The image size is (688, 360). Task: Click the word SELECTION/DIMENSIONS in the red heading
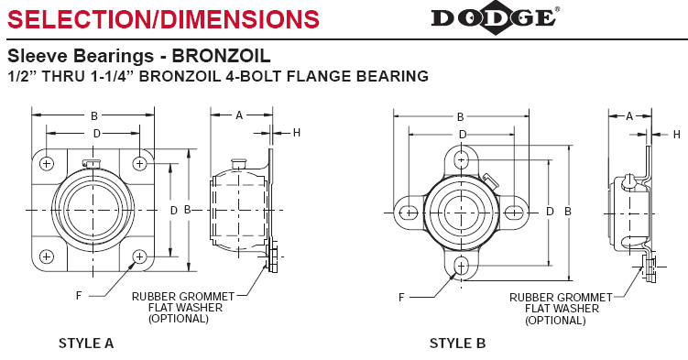click(x=163, y=17)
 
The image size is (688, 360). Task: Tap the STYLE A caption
click(x=86, y=344)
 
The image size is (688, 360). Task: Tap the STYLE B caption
click(x=457, y=344)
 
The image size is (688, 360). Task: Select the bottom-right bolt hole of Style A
click(x=140, y=256)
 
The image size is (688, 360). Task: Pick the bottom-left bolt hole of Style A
click(x=47, y=256)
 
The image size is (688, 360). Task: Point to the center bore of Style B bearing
click(x=461, y=212)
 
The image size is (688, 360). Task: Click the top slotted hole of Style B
click(x=461, y=159)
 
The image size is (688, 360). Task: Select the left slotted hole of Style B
click(x=408, y=213)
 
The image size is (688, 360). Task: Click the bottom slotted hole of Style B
click(x=461, y=266)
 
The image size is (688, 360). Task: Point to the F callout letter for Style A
click(x=80, y=296)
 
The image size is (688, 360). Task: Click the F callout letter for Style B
click(x=401, y=298)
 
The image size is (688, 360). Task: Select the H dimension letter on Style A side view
click(x=296, y=133)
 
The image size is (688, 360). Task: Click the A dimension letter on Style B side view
click(x=629, y=115)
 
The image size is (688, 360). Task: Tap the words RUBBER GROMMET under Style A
click(x=183, y=296)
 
